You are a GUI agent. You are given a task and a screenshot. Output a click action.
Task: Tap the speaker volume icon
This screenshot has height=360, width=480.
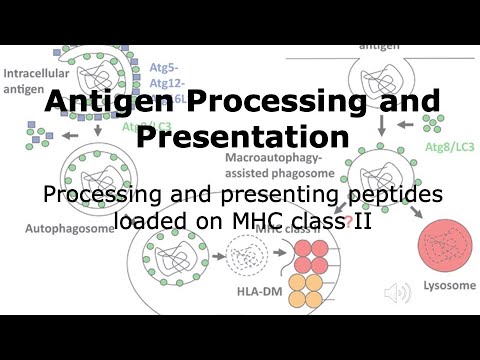[400, 292]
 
